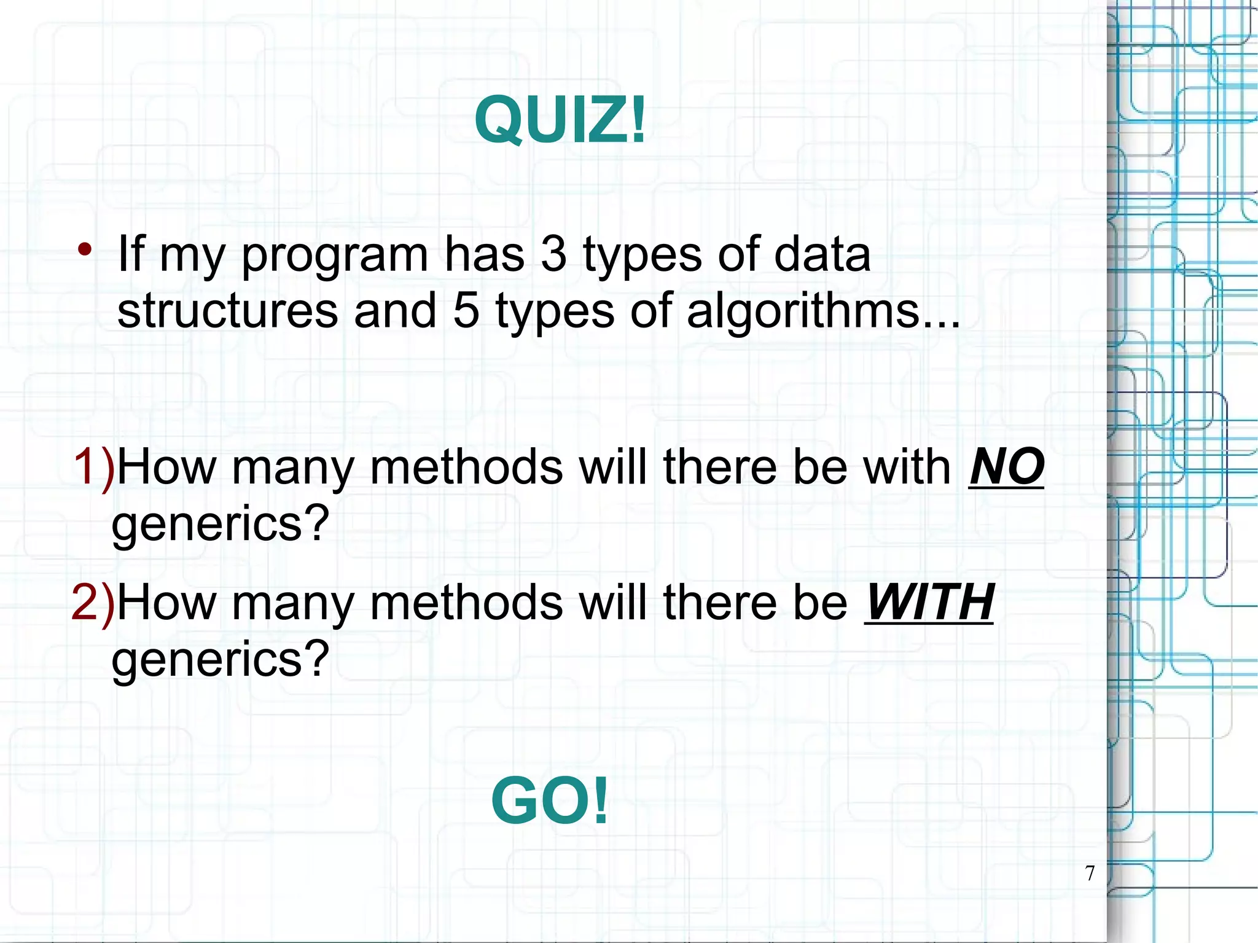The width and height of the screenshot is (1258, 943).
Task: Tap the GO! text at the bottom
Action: tap(550, 801)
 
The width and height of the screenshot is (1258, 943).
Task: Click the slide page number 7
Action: tap(1090, 873)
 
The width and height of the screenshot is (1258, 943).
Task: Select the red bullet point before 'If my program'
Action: tap(85, 249)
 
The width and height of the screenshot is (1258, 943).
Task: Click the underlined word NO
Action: tap(1006, 467)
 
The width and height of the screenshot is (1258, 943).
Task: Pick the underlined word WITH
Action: tap(929, 603)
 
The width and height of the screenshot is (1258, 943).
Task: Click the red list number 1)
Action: tap(93, 467)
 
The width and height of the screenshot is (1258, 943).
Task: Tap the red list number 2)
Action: tap(93, 603)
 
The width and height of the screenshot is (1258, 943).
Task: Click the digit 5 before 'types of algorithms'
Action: tap(465, 310)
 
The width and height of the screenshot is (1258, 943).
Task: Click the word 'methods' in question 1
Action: tap(467, 467)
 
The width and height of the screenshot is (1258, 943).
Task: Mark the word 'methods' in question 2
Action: tap(467, 603)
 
